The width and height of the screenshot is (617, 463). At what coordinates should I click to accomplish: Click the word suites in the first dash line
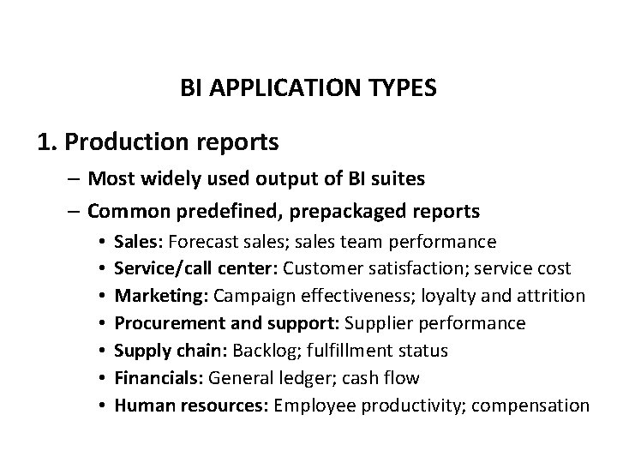(397, 179)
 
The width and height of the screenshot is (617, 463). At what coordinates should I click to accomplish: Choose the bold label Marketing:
(161, 296)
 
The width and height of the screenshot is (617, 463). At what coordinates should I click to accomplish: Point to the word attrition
(553, 296)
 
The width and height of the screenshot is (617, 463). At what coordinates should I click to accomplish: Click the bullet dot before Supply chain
(101, 352)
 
